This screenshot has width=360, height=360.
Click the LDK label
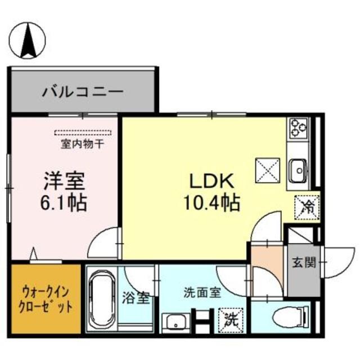(210, 182)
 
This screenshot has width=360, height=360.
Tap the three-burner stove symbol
(296, 129)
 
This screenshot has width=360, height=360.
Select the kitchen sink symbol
(296, 168)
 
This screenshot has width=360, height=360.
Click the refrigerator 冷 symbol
(307, 206)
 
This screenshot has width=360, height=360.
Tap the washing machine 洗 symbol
(231, 319)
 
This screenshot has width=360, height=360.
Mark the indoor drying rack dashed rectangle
(84, 133)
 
